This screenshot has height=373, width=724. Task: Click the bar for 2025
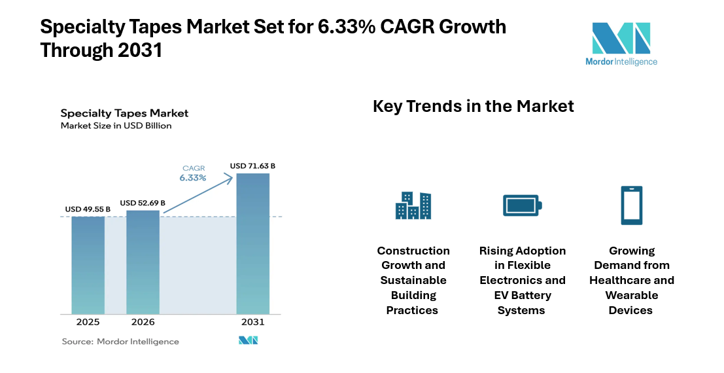[88, 265]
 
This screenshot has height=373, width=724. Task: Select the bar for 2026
[143, 262]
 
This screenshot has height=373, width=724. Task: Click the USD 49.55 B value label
[88, 209]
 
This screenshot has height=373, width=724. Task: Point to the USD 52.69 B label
[143, 202]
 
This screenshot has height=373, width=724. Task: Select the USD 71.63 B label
[252, 166]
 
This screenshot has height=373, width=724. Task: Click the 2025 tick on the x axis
[88, 322]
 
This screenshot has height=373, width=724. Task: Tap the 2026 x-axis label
[143, 322]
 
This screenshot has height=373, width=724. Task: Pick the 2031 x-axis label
[252, 322]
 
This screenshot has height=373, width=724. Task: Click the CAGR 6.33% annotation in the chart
[194, 173]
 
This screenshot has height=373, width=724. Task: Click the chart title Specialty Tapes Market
[124, 113]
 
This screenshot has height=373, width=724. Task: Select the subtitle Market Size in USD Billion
[116, 126]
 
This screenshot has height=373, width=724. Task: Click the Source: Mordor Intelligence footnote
[120, 341]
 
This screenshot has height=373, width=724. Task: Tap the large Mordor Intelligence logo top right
[621, 44]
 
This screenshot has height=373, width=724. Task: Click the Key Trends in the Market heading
[473, 106]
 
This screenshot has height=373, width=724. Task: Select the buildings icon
[413, 205]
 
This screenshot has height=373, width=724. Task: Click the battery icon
[522, 205]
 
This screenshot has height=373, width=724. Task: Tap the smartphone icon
[631, 205]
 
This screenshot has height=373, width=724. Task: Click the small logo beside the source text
[248, 340]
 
